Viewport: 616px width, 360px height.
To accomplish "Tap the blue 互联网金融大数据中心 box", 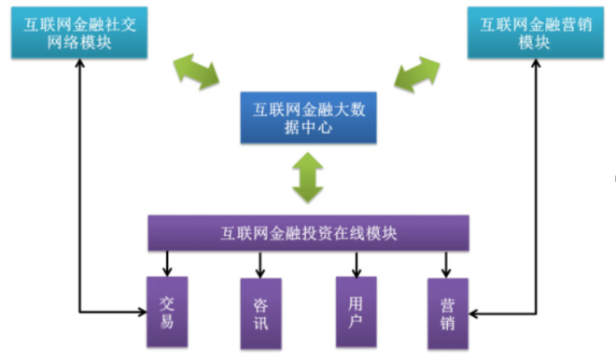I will (x=305, y=118).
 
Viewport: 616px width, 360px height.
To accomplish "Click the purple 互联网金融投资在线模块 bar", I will (x=308, y=233).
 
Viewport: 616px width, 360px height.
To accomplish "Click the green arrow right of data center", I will (x=416, y=71).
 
